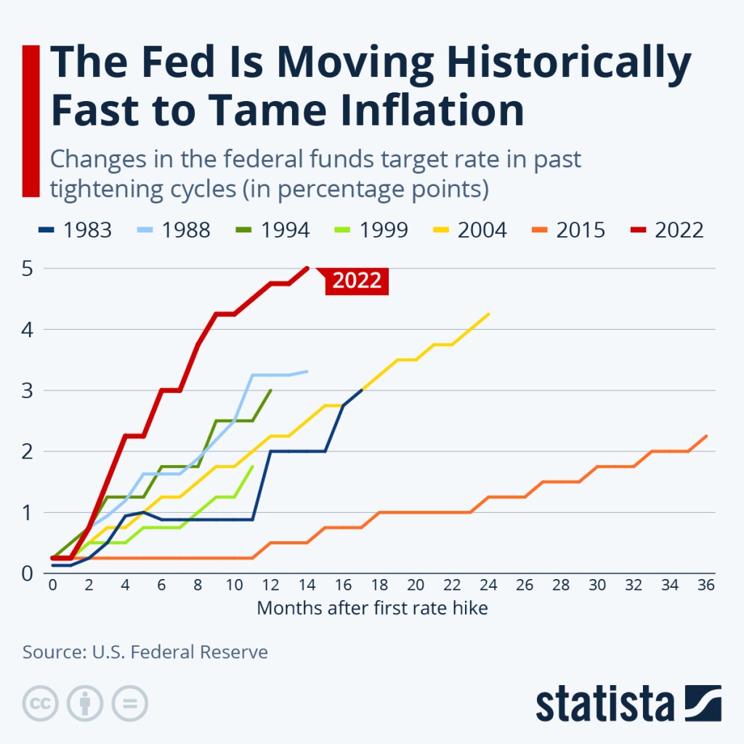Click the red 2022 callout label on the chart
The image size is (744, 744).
click(x=357, y=280)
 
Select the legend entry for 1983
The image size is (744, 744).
click(x=74, y=230)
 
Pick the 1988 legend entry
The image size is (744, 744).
click(x=173, y=230)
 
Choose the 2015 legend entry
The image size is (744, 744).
click(x=567, y=230)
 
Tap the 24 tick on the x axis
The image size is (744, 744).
click(x=488, y=586)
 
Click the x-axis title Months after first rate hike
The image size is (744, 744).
click(x=372, y=608)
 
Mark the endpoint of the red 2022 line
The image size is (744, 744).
click(x=307, y=268)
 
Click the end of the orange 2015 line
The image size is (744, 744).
click(x=706, y=436)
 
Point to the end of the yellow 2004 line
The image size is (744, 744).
click(x=488, y=314)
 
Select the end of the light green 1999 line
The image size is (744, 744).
click(x=252, y=466)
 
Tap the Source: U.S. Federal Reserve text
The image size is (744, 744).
click(x=145, y=652)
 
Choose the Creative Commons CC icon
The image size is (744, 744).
click(x=40, y=703)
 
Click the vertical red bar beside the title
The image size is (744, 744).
click(x=30, y=120)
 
